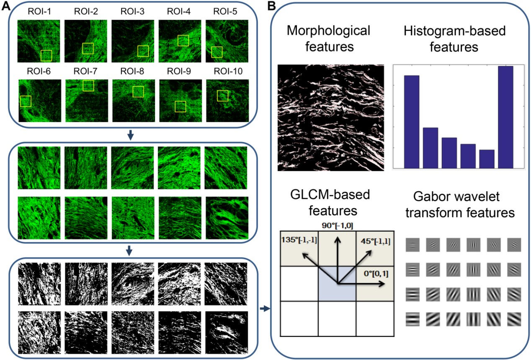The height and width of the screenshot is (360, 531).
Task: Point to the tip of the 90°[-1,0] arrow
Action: pos(338,238)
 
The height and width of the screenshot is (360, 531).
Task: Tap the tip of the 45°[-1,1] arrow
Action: pos(372,251)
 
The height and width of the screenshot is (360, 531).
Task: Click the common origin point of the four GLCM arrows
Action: pos(338,283)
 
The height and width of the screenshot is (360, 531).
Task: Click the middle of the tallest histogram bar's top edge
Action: pos(505,67)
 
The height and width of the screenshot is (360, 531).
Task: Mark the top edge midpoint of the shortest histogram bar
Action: pos(487,150)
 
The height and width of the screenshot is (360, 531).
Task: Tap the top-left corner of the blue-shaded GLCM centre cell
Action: pos(318,266)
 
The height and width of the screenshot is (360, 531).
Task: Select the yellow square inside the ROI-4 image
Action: pos(183,41)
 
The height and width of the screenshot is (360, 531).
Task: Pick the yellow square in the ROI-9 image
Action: pos(180,106)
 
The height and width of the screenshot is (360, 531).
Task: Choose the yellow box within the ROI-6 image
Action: pos(26,101)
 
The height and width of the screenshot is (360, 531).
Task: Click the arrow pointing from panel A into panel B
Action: pos(265,309)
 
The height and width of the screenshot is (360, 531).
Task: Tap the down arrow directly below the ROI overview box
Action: pos(130,135)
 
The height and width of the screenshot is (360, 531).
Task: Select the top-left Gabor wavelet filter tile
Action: pos(412,245)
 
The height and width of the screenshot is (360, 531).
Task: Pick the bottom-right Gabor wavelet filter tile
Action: pos(514,319)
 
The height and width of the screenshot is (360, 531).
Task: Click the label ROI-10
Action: pos(228,71)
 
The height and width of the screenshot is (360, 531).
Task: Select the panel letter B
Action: pos(272,6)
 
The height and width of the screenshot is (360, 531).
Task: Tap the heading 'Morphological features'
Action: pos(329,39)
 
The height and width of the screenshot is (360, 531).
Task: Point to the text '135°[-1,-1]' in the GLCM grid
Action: pos(299,240)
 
